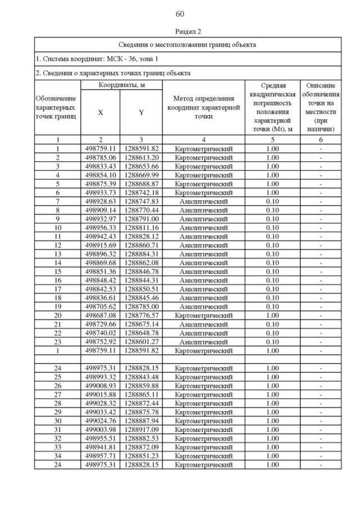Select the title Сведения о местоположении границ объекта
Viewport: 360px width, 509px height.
click(x=188, y=44)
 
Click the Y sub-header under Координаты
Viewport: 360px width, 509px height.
click(x=141, y=112)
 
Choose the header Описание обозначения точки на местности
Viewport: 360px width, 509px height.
click(x=321, y=107)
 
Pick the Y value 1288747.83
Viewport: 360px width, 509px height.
click(x=141, y=201)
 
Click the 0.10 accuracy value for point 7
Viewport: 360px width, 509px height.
click(x=272, y=201)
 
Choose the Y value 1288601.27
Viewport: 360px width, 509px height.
click(x=141, y=342)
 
